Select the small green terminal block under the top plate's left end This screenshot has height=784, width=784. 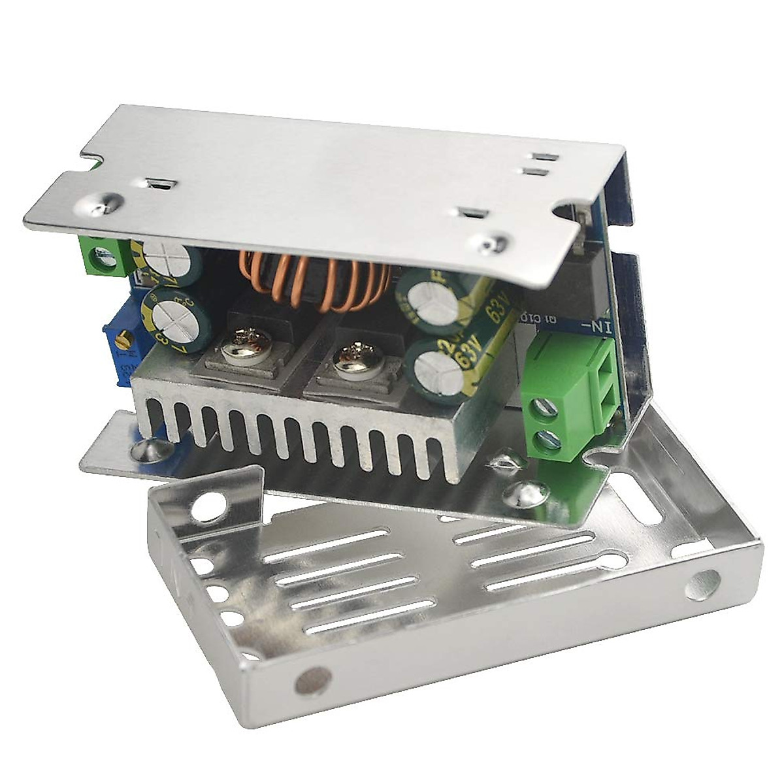coord(105,255)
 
